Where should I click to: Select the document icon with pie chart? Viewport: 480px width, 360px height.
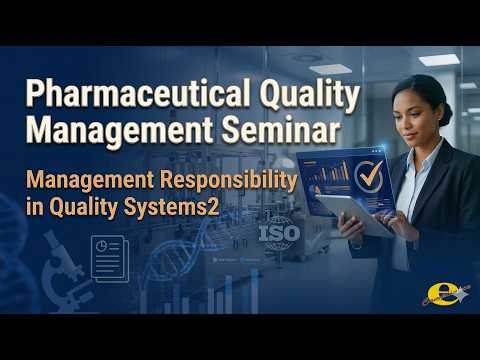click(x=108, y=258)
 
